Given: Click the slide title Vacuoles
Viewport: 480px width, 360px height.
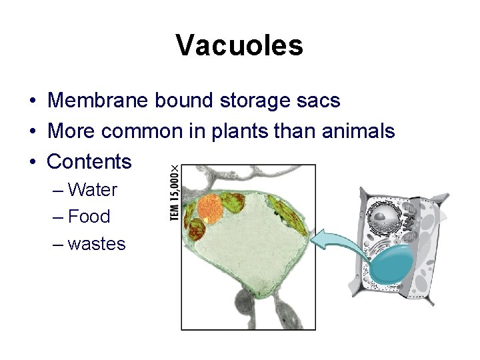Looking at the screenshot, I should (240, 45).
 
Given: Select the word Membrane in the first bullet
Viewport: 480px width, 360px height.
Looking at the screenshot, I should (98, 101).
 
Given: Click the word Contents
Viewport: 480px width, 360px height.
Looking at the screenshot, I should (90, 161).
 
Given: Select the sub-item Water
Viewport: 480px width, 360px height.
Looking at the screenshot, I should (92, 190).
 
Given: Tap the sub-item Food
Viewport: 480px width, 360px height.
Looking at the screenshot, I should (89, 217).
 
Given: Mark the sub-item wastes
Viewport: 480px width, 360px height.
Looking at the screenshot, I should (97, 244).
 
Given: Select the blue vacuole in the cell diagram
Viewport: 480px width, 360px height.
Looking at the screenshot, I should (390, 263).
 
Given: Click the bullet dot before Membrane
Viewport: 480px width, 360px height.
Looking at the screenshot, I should (32, 101).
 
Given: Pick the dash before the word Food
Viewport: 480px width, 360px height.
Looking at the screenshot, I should (57, 217).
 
